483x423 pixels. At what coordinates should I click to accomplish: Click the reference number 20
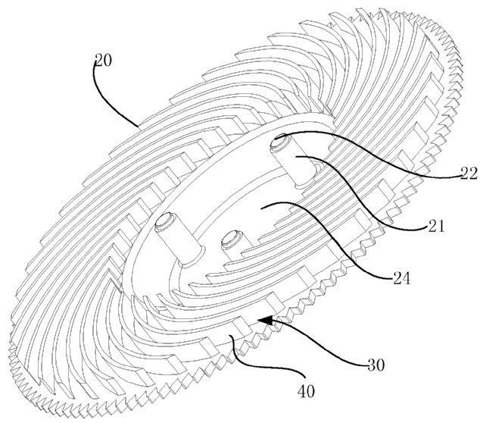(x=104, y=60)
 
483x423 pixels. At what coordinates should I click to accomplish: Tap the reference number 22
(x=469, y=174)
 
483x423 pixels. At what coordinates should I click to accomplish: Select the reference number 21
(x=436, y=226)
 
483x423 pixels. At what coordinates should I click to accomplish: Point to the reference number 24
(x=402, y=278)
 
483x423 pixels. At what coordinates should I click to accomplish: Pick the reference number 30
(x=376, y=365)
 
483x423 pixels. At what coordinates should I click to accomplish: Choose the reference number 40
(x=306, y=391)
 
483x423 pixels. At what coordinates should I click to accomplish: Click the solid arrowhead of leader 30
(x=266, y=320)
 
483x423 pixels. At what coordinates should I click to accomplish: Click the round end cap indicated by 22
(x=278, y=143)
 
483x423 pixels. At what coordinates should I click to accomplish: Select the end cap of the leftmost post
(x=165, y=221)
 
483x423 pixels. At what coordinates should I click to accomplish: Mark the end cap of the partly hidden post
(x=230, y=238)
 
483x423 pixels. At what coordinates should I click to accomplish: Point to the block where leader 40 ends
(x=237, y=334)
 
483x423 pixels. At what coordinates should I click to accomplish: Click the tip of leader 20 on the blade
(x=138, y=127)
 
